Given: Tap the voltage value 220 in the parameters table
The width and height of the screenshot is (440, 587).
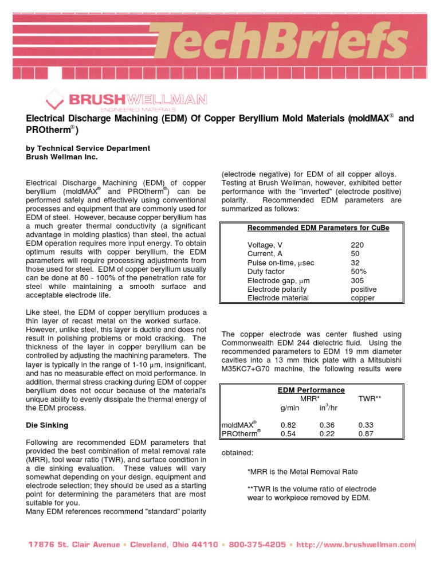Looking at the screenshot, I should (357, 245).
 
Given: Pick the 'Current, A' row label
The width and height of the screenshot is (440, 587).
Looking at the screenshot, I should (265, 253).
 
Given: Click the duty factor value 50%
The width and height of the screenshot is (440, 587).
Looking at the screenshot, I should (359, 271).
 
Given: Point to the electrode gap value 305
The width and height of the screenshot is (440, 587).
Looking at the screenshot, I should (357, 280).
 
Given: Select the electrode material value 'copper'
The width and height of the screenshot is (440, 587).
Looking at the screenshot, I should (363, 298).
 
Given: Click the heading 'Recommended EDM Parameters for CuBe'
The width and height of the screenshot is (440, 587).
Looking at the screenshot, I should (318, 228).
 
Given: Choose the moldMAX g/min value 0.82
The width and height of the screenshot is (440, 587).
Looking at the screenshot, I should (288, 425).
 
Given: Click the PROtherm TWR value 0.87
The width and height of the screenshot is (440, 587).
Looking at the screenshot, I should (366, 434).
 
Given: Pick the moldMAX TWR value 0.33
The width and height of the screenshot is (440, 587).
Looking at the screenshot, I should (366, 425).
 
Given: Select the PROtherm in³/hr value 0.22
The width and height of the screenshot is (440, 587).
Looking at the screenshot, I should (327, 434).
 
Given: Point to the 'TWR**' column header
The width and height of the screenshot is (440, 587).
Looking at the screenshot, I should (369, 398).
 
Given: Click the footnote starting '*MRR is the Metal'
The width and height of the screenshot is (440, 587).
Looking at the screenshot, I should (302, 472).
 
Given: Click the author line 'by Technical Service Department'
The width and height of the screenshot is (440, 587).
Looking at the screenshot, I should (88, 148).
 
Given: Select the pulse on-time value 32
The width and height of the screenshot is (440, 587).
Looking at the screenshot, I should (355, 263).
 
